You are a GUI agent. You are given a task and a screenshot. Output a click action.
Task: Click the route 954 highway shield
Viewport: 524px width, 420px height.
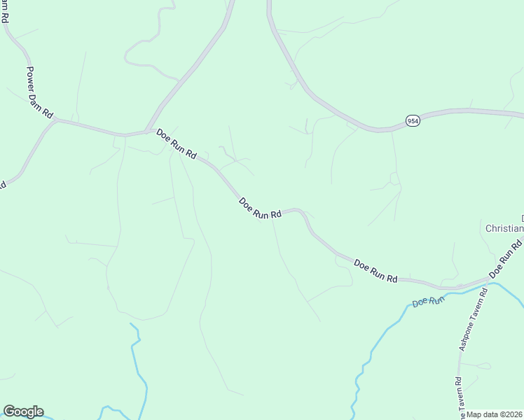(413, 120)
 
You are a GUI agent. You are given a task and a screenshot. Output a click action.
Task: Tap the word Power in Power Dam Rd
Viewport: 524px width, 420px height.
(33, 78)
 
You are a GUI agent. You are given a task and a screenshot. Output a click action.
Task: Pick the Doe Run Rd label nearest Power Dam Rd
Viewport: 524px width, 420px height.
(177, 144)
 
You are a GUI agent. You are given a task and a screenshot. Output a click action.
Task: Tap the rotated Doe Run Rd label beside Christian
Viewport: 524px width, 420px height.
(506, 256)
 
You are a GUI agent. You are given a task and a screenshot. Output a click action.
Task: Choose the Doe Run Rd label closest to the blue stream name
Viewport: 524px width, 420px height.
(376, 271)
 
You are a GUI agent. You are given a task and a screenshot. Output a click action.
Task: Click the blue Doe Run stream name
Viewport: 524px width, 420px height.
(429, 302)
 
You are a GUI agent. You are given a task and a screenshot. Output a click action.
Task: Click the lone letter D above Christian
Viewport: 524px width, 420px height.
(522, 218)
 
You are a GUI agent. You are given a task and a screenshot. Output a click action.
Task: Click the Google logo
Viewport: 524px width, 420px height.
(23, 412)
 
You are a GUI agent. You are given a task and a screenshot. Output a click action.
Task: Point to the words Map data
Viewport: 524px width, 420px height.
(483, 414)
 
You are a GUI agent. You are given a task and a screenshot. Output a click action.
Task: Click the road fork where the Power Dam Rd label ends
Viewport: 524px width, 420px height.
(54, 120)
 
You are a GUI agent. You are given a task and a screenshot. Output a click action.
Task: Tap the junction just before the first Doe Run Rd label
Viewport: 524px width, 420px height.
(147, 130)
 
